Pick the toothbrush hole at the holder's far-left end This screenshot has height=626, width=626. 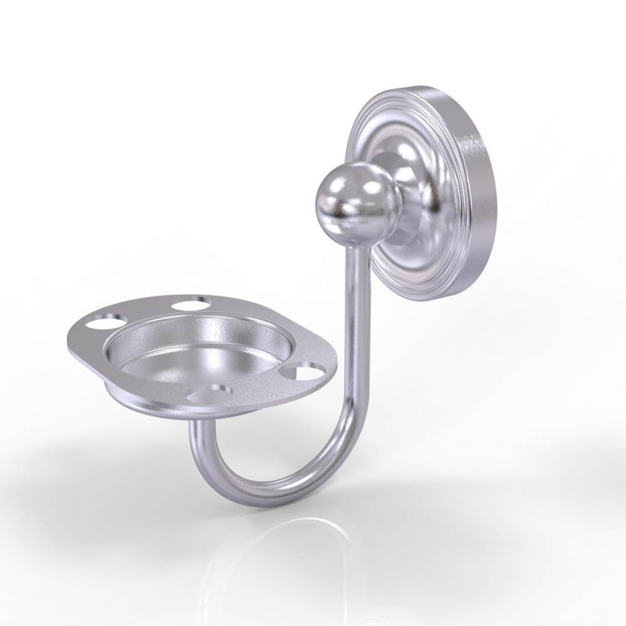click(x=102, y=324)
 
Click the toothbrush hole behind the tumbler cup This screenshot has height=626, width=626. click(x=191, y=305)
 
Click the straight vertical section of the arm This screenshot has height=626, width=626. click(x=356, y=326)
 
